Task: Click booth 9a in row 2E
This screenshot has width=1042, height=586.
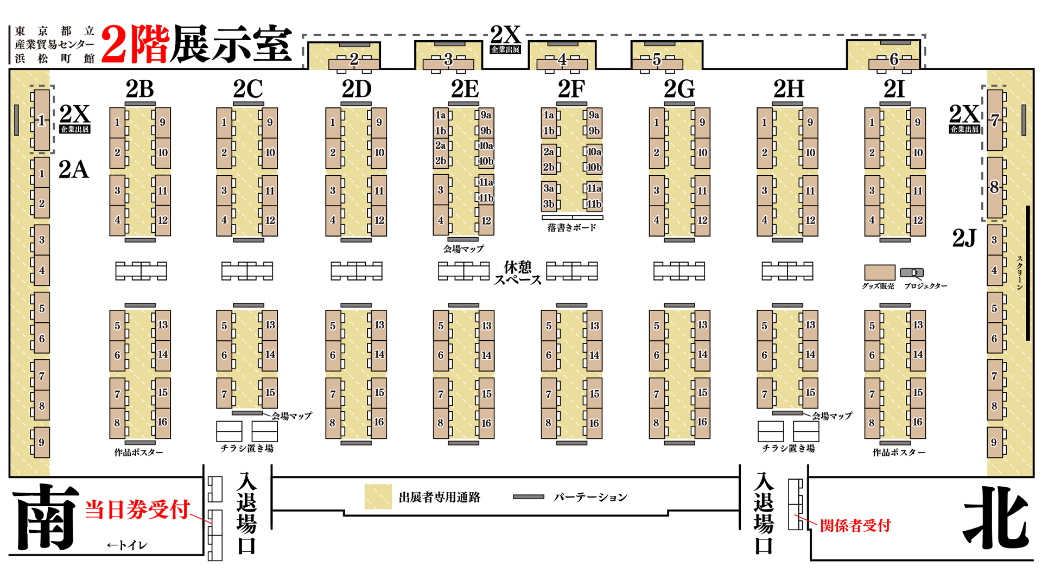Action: click(x=486, y=115)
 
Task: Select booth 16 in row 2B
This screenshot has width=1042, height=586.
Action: click(x=162, y=422)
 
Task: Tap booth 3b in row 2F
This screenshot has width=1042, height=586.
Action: click(x=549, y=204)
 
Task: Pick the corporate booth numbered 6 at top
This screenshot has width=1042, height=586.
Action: click(x=894, y=59)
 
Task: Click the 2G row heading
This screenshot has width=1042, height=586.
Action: click(x=679, y=89)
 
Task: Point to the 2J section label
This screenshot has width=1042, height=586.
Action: click(x=964, y=238)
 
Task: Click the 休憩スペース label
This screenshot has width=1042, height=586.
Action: click(x=517, y=273)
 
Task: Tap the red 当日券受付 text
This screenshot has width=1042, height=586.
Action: click(x=137, y=509)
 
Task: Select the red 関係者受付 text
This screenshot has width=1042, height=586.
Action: click(x=855, y=525)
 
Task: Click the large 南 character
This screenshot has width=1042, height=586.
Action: click(x=46, y=517)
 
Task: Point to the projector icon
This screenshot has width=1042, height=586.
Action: click(x=912, y=272)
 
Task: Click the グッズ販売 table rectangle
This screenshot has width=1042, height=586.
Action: click(x=879, y=272)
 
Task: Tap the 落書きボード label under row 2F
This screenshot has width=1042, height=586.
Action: click(x=571, y=228)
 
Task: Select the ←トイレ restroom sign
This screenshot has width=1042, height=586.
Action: click(x=127, y=545)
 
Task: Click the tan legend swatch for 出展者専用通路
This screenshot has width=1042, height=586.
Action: click(x=378, y=496)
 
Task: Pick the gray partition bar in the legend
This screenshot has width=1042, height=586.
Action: click(x=528, y=496)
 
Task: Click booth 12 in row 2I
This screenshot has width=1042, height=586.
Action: click(x=918, y=220)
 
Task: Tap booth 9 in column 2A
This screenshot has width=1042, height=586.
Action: click(x=41, y=442)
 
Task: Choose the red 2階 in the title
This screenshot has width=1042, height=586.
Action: click(x=135, y=44)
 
